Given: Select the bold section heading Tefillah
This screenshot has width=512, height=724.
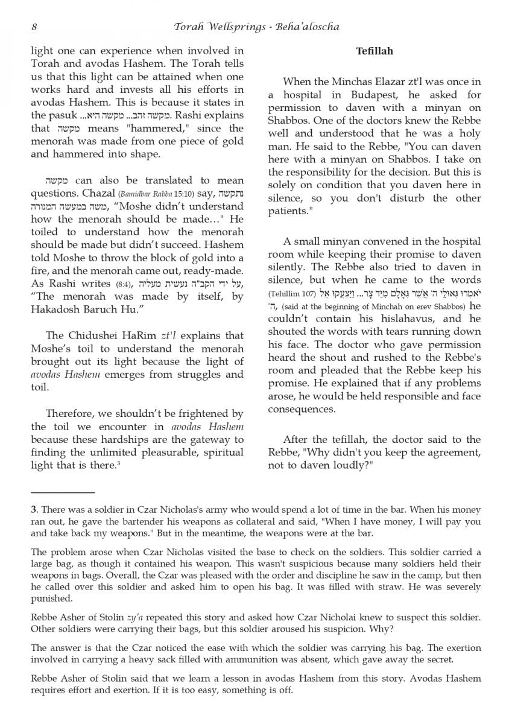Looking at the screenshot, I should (374, 51).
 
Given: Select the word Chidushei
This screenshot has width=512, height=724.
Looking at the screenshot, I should (102, 335).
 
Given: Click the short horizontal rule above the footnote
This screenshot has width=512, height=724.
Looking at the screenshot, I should (54, 493).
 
